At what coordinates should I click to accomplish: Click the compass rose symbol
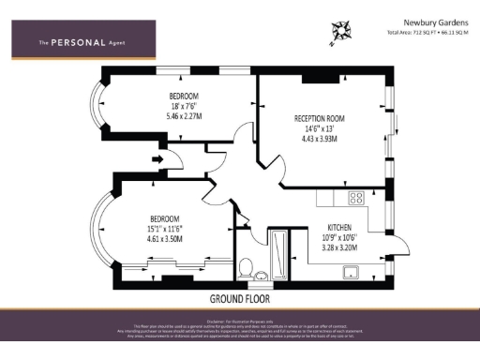340,33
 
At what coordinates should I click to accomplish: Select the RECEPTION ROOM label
320,118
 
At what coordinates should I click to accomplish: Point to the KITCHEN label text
339,228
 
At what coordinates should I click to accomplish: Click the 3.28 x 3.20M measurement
339,249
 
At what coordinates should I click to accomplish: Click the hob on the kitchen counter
356,198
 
